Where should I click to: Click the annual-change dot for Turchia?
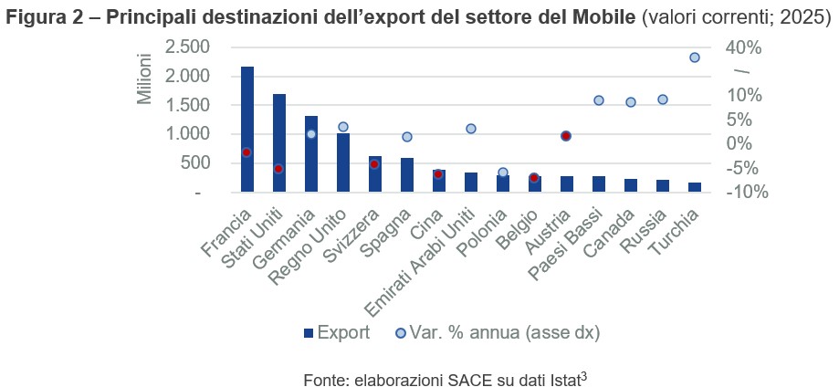(694, 58)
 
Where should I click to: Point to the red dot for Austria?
(566, 136)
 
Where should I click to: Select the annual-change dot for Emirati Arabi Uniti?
(471, 129)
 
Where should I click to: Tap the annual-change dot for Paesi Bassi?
(599, 100)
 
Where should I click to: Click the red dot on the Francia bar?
(246, 152)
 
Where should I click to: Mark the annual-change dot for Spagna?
(407, 137)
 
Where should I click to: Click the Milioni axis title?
(144, 78)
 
